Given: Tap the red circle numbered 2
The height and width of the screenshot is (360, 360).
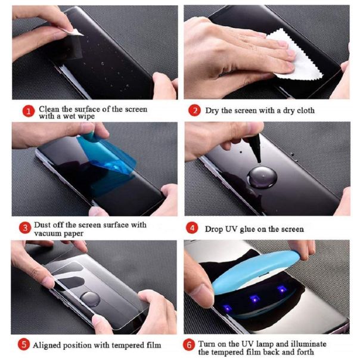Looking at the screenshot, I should [x=194, y=111].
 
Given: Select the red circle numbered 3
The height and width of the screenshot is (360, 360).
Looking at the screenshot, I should [x=25, y=227].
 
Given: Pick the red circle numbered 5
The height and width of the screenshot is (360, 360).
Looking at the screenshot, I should [x=24, y=344].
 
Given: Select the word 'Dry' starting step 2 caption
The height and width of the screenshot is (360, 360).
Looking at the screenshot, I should [x=213, y=111].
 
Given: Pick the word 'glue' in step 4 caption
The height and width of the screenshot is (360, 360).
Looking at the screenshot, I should [x=250, y=229].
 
